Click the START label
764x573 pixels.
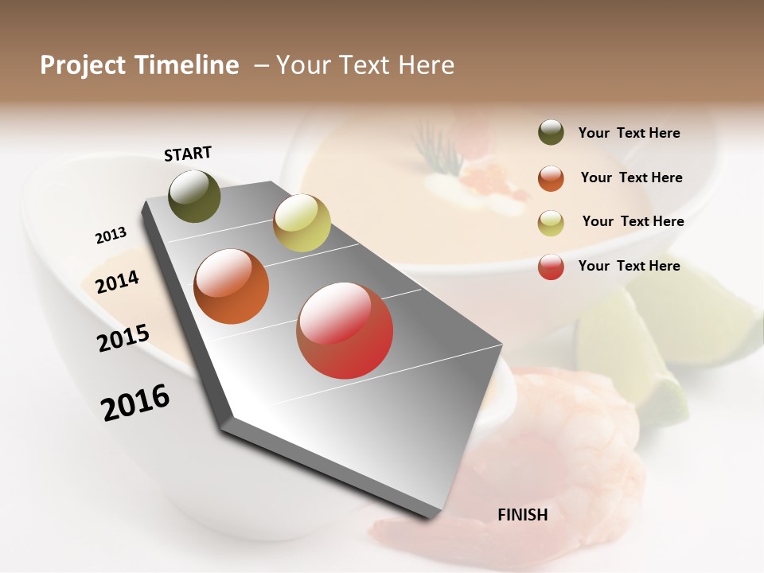pyautogui.click(x=188, y=154)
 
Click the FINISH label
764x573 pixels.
pyautogui.click(x=522, y=515)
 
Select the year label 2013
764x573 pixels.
pyautogui.click(x=111, y=235)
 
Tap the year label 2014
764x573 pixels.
pyautogui.click(x=118, y=282)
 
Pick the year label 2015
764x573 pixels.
pyautogui.click(x=123, y=338)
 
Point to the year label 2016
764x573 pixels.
pyautogui.click(x=135, y=403)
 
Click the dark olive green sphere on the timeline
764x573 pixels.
pyautogui.click(x=195, y=196)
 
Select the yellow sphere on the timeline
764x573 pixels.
pyautogui.click(x=302, y=223)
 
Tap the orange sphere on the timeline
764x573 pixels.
pyautogui.click(x=232, y=286)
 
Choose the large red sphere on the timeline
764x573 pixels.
pyautogui.click(x=345, y=330)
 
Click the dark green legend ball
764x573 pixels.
pyautogui.click(x=551, y=132)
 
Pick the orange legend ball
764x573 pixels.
pyautogui.click(x=551, y=178)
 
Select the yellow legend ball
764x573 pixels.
pyautogui.click(x=551, y=223)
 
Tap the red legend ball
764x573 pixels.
pyautogui.click(x=551, y=267)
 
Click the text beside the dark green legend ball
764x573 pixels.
pyautogui.click(x=629, y=134)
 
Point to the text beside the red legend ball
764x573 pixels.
pyautogui.click(x=629, y=266)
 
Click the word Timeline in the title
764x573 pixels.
pyautogui.click(x=187, y=65)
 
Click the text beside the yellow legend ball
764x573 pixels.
pyautogui.click(x=633, y=221)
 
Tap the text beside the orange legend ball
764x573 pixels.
pyautogui.click(x=631, y=177)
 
